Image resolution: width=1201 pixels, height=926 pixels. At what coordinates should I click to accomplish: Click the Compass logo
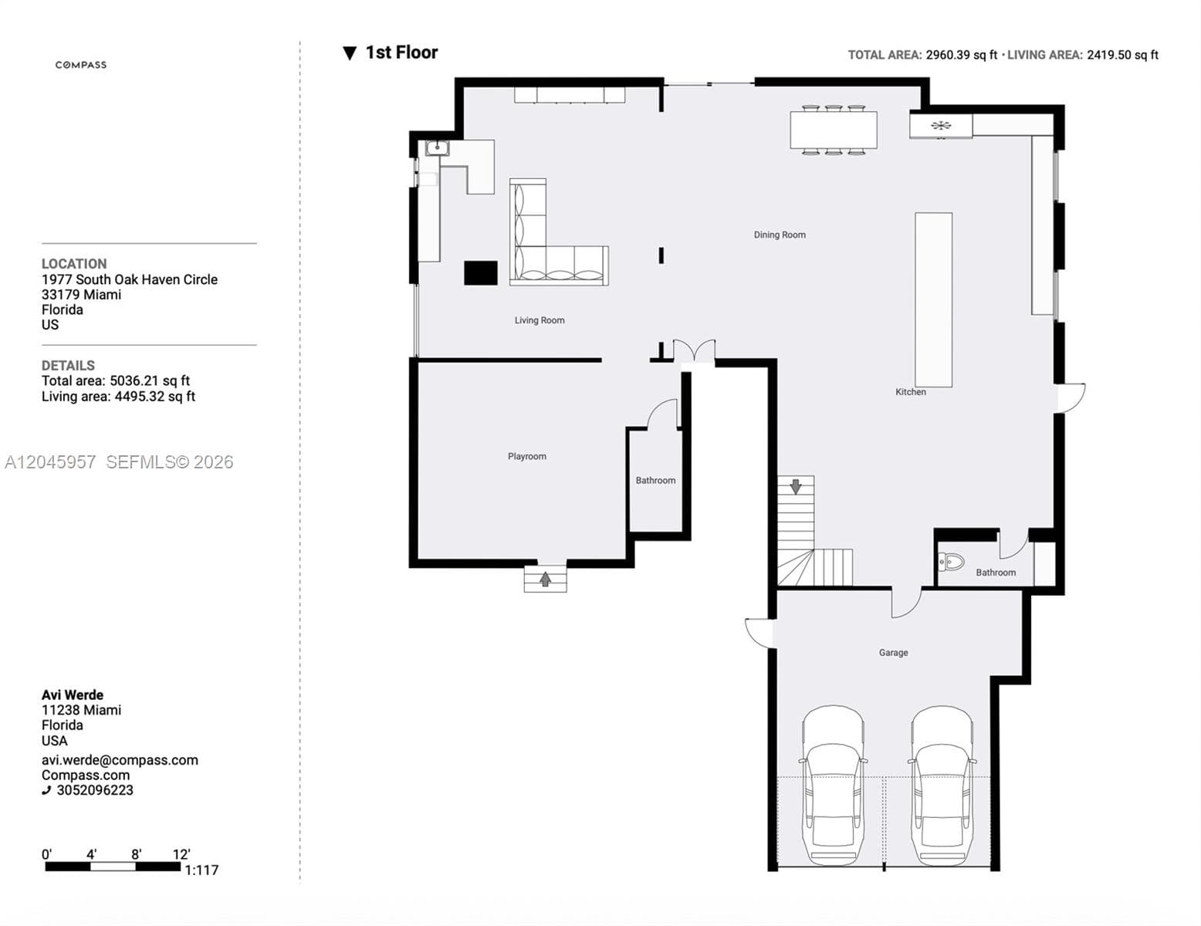(x=81, y=65)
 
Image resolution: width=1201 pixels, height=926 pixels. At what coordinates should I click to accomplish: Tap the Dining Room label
(x=780, y=235)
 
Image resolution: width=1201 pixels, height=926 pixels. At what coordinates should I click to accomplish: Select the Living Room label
(x=540, y=320)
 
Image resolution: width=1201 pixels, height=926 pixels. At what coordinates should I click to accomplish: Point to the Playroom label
(x=526, y=456)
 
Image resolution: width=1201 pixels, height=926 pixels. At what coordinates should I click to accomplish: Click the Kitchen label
(x=910, y=392)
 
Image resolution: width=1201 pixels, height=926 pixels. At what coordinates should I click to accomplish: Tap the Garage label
(x=893, y=653)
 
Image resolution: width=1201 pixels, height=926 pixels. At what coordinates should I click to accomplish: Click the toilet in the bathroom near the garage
(x=951, y=563)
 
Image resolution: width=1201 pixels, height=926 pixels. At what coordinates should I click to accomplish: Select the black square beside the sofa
(x=480, y=273)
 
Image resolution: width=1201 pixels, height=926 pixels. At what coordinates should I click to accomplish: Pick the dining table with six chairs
(x=834, y=130)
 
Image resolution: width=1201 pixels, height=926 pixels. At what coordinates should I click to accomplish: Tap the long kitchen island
(x=933, y=300)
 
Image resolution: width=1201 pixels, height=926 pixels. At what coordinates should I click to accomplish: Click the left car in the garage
(x=833, y=785)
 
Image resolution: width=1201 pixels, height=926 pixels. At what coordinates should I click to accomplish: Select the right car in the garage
(x=942, y=785)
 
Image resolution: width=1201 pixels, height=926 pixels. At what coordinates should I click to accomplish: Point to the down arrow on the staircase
(x=795, y=487)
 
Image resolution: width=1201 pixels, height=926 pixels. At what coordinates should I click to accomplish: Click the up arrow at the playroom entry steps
(x=545, y=579)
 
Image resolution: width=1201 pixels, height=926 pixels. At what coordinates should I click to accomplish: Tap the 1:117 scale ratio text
(x=201, y=870)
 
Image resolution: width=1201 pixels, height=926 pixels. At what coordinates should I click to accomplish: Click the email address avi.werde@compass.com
(x=120, y=760)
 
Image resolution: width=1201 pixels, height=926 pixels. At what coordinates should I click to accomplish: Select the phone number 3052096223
(x=95, y=791)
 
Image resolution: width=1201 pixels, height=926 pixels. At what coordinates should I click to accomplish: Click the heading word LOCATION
(x=74, y=264)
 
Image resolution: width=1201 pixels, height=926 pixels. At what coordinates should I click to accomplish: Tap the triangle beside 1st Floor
(x=350, y=53)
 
